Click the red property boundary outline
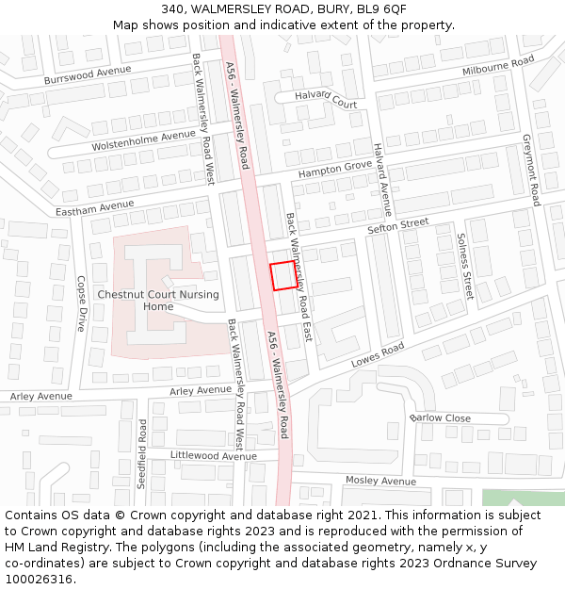[x=286, y=276]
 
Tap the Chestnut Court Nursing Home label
[x=158, y=300]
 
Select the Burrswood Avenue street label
[x=93, y=75]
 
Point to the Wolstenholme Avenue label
[x=143, y=141]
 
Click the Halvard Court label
[x=326, y=99]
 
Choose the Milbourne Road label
[x=497, y=66]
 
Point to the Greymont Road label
[x=530, y=170]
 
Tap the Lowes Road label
[x=377, y=355]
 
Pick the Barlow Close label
[x=440, y=417]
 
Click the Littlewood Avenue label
[x=213, y=456]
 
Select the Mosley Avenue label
[x=380, y=481]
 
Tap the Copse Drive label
[x=81, y=303]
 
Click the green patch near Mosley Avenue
[x=523, y=498]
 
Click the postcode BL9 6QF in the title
[x=380, y=9]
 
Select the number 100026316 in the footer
[x=39, y=580]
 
